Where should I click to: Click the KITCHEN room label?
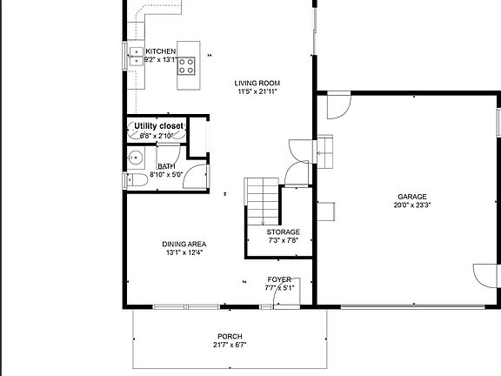160,51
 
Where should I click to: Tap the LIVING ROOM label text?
257,84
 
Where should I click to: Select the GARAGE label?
412,197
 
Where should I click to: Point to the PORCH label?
230,336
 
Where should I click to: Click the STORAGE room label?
283,232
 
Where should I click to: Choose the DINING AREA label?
184,244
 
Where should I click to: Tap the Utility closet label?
159,126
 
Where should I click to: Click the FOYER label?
279,279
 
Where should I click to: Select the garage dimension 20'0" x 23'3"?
412,205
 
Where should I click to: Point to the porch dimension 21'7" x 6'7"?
230,345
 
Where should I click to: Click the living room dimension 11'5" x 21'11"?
257,91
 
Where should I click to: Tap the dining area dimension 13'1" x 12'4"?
184,252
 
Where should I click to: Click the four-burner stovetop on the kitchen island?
186,66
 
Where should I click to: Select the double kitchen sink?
137,56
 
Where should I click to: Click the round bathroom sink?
136,158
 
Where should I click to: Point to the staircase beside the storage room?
262,201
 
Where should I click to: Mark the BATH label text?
166,166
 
